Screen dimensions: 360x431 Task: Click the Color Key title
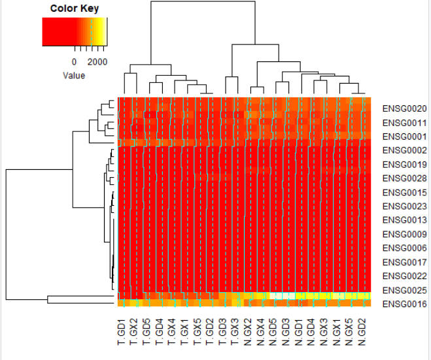point(74,8)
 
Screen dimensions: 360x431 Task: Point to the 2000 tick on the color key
point(97,61)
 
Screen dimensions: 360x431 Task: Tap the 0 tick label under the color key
point(74,61)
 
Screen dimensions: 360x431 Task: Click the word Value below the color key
point(74,75)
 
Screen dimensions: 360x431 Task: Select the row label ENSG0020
point(404,109)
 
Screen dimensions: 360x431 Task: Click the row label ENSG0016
point(404,304)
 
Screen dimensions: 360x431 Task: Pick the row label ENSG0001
point(404,137)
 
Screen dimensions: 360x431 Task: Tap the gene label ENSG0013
point(404,220)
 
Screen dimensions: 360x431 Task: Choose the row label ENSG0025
point(404,289)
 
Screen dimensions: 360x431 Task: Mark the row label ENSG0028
point(404,178)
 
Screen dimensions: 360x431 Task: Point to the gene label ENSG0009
point(404,234)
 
